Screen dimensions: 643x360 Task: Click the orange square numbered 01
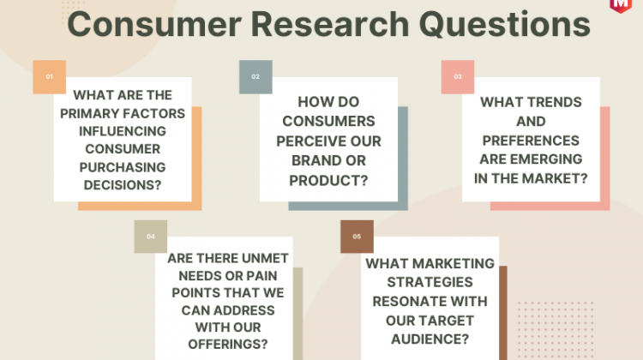pos(49,77)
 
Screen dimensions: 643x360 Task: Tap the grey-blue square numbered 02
pos(255,77)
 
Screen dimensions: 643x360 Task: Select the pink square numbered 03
pos(458,77)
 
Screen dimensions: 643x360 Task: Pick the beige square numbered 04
pos(151,237)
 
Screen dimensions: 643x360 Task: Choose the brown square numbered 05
pos(357,237)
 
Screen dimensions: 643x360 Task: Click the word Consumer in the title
pos(154,25)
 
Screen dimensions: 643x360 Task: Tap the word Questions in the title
pos(504,25)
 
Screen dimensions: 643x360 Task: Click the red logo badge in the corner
pos(621,6)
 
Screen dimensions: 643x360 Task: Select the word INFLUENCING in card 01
pos(123,131)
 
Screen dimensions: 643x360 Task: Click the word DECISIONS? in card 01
pos(123,185)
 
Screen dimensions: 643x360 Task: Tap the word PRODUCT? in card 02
pos(328,181)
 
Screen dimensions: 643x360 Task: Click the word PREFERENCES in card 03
pos(531,141)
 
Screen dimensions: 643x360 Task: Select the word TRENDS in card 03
pos(556,102)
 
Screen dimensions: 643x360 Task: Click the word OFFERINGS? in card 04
pos(228,344)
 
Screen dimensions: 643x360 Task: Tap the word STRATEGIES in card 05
pos(430,282)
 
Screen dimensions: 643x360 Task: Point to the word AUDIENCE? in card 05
pos(430,339)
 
